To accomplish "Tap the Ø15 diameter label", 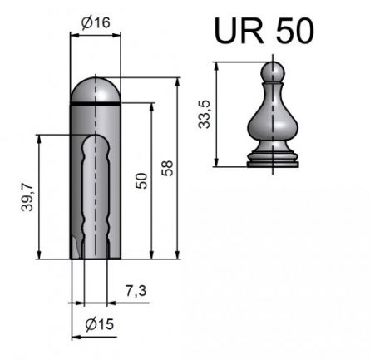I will pos(99,323).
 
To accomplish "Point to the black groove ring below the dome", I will pos(96,102).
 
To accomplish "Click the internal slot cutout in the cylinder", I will pos(96,191).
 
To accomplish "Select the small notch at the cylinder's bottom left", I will pos(76,249).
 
